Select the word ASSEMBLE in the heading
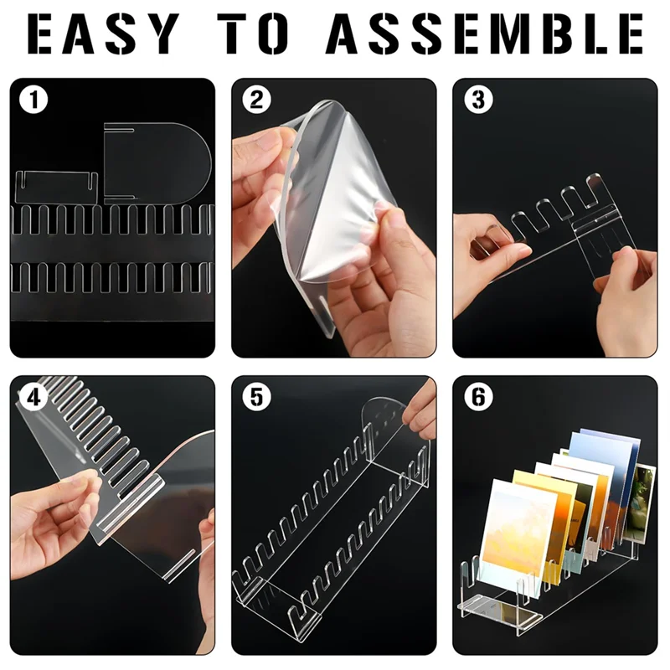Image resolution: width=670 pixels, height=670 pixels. (x=484, y=35)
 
